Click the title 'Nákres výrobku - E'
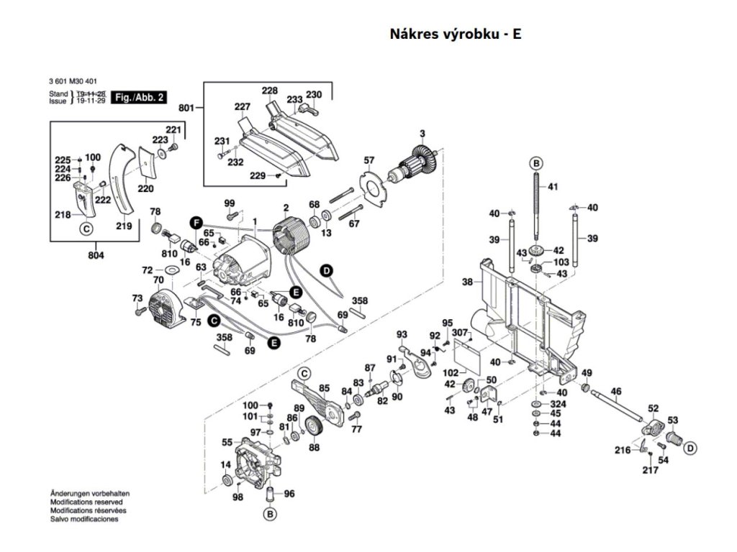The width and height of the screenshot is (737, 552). pos(455,34)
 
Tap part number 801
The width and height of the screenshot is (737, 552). pos(186,109)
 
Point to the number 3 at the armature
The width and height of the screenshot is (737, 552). pos(422,132)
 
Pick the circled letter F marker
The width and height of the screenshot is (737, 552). pos(195,222)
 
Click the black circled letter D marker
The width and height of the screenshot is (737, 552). pos(326,270)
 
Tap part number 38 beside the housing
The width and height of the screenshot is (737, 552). pos(467,282)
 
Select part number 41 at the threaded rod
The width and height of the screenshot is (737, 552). pos(553,187)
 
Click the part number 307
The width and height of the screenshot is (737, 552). pos(459,332)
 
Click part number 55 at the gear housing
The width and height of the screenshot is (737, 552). pos(227,442)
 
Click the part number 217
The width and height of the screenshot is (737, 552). pos(650,471)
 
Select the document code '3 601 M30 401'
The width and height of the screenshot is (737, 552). pos(76,83)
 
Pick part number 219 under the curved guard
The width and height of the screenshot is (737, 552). pos(124,226)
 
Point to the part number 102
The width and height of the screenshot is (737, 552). pos(451,373)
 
